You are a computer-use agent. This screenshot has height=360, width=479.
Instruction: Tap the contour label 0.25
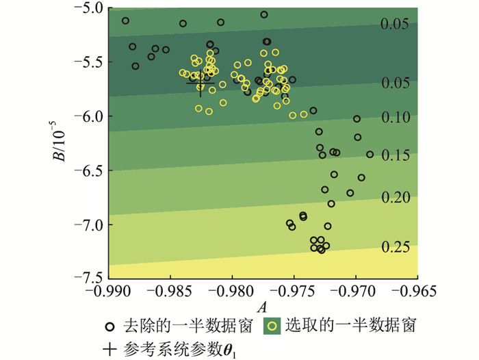pyautogui.click(x=396, y=247)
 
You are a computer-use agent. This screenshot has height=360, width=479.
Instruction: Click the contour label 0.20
pyautogui.click(x=396, y=198)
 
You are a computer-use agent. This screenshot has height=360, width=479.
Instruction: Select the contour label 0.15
pyautogui.click(x=396, y=156)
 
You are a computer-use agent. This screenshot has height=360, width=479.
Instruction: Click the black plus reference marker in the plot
pyautogui.click(x=200, y=83)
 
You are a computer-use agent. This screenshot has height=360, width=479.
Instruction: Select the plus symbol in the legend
pyautogui.click(x=109, y=348)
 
